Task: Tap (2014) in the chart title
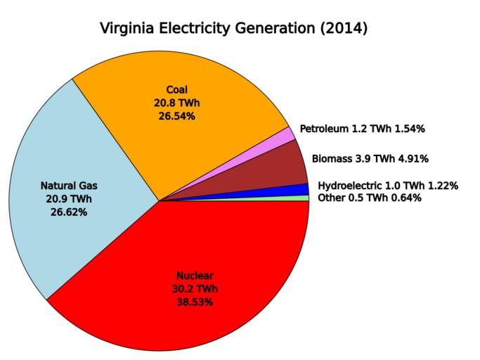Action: [x=341, y=30]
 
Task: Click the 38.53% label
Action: [x=195, y=302]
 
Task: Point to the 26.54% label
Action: [x=176, y=116]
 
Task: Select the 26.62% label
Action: [x=69, y=212]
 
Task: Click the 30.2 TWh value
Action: [x=195, y=288]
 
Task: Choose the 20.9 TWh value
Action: [x=69, y=199]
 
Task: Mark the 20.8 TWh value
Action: [x=176, y=103]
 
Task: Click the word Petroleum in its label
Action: [x=324, y=129]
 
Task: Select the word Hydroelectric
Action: [x=351, y=186]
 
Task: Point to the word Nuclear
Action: [x=195, y=275]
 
